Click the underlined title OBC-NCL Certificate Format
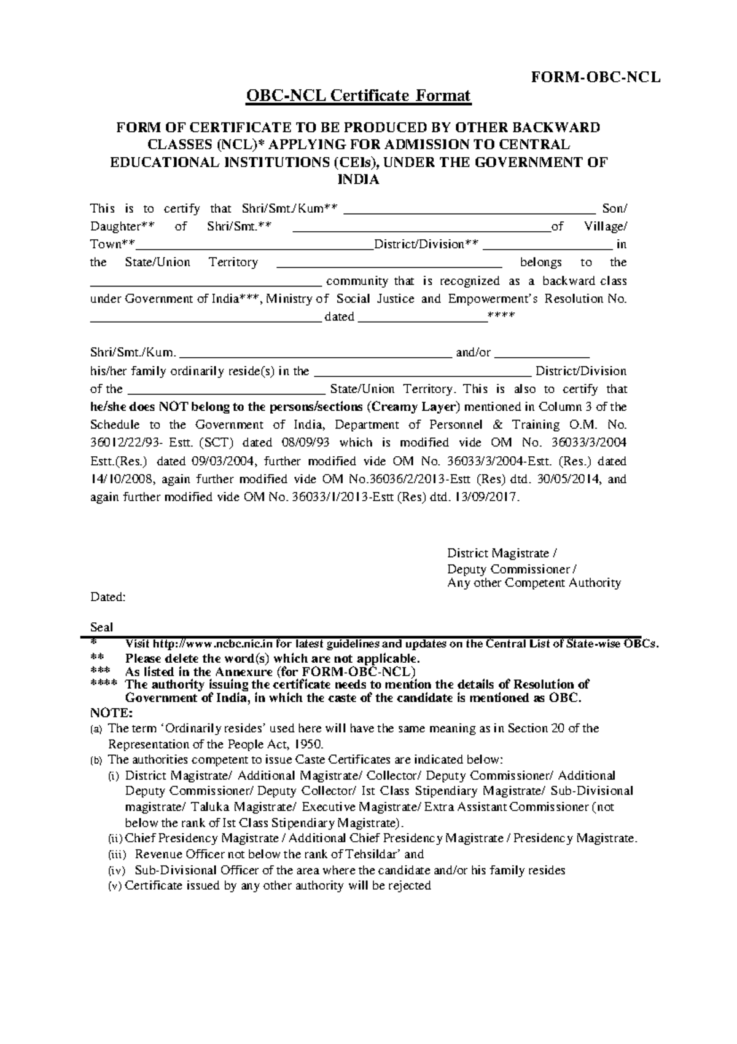pos(358,96)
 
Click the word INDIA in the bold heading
pos(359,180)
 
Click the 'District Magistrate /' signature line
pos(502,553)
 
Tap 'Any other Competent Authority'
pos(534,583)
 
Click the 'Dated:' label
pos(107,597)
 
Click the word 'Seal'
pos(101,627)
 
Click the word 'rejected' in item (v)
pos(411,886)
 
